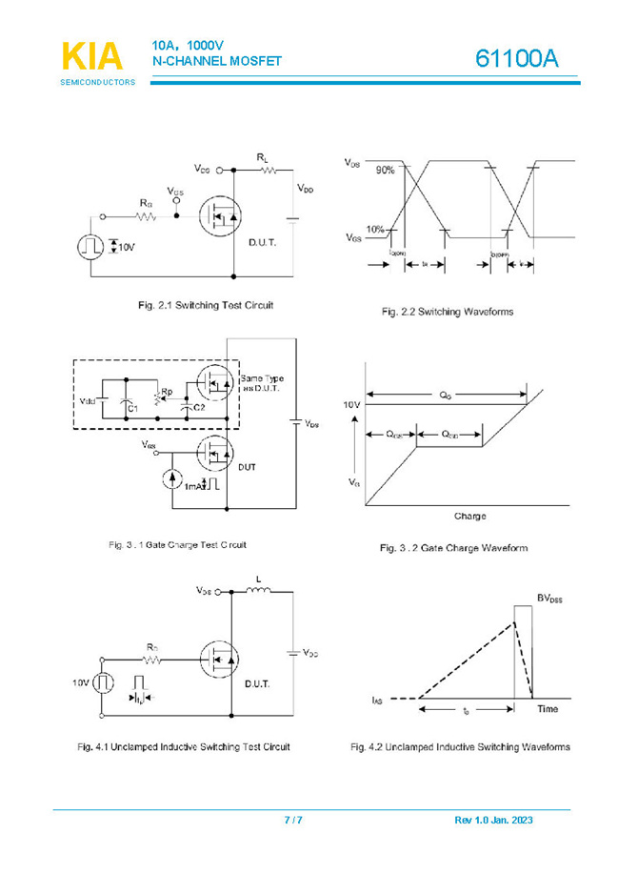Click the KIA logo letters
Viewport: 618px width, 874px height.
pos(92,56)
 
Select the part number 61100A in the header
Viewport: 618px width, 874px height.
pos(516,60)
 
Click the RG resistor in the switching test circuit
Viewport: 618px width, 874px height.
pos(146,216)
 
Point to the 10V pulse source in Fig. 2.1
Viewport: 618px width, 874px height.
pos(90,247)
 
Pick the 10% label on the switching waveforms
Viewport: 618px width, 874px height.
pos(375,229)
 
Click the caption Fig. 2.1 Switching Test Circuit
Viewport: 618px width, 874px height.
pos(206,305)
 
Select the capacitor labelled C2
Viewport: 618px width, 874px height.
pos(184,404)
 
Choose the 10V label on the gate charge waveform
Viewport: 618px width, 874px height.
pos(351,405)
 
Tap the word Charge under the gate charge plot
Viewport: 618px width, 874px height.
pos(469,516)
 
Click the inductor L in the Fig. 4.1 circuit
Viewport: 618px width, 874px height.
pos(258,591)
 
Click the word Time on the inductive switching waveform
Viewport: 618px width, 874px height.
pos(548,709)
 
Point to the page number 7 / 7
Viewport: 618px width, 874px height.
pos(294,820)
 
